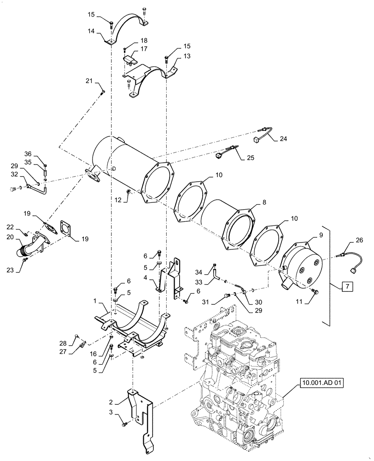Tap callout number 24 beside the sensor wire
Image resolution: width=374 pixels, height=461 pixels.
(x=283, y=138)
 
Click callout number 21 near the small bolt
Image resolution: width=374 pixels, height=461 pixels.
(x=89, y=82)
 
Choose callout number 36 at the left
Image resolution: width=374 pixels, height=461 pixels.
(x=28, y=154)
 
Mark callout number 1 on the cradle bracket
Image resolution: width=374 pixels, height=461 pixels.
(x=95, y=300)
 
